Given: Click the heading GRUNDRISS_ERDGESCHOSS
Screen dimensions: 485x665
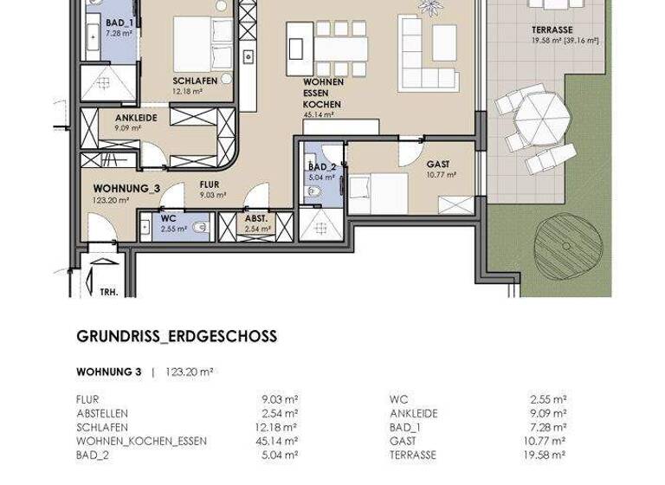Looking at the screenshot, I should pos(177,337).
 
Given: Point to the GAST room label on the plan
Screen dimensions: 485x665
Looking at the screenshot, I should pos(438,164).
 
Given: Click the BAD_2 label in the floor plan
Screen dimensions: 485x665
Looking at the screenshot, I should pos(321,167).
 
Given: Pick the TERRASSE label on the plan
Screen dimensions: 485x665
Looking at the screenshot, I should pos(552,30).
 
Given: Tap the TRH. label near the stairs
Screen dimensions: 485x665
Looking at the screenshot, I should pos(108,291).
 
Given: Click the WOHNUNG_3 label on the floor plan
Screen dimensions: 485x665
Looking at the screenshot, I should pos(126,188).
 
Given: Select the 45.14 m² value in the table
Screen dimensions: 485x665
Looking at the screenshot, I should pos(280,440).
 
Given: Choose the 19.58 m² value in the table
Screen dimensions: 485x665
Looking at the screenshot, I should pos(548,454).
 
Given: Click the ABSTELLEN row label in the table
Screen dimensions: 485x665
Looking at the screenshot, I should pos(103,413).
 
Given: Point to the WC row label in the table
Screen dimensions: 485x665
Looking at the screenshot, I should pos(397,399).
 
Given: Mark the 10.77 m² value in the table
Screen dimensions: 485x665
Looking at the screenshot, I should pos(548,440).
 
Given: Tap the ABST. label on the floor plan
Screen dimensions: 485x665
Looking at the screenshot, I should pos(255,219).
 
